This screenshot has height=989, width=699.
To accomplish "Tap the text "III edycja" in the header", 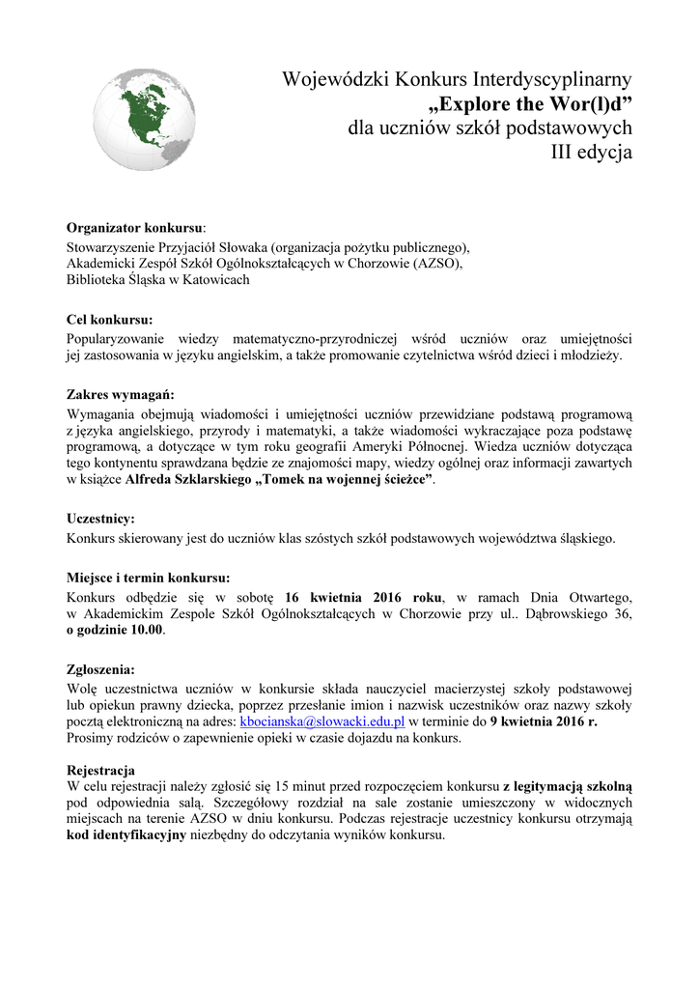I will click(591, 152).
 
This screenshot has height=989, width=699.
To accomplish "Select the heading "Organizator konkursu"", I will click(134, 228).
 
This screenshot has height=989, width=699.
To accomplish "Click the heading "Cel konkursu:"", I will click(109, 319).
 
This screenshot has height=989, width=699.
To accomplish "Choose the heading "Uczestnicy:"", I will click(100, 519).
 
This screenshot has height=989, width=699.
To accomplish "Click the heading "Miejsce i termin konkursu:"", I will click(148, 578).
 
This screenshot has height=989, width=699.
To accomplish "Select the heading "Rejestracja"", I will click(100, 770).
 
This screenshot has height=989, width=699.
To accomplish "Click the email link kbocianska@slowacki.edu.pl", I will click(322, 721).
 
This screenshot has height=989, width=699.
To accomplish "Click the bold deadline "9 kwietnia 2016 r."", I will click(545, 721).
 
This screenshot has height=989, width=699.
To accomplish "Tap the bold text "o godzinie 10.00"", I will click(115, 630).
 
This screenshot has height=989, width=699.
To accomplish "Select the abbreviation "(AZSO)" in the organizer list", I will click(438, 263).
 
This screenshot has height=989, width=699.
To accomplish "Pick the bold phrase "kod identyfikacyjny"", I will click(126, 836).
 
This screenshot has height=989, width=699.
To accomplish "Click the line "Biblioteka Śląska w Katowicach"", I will click(157, 280).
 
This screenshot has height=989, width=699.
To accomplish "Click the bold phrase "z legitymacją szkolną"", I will click(567, 786).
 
